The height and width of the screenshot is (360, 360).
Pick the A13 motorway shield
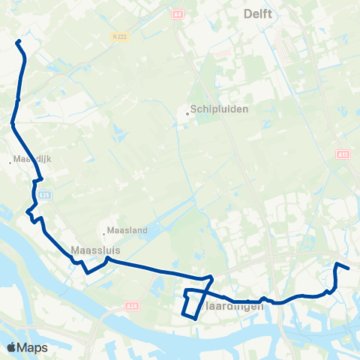coord(343,154)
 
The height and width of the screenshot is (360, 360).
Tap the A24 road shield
coord(132,306)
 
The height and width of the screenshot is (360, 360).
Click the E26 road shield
coord(45,195)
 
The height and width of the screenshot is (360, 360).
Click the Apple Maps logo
coord(27,347)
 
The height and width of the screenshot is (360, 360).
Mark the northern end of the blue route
coord(17,40)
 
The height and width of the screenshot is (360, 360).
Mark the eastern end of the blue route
coord(349,268)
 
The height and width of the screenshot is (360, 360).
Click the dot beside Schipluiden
coord(188,114)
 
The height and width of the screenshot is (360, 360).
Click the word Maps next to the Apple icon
coord(33,347)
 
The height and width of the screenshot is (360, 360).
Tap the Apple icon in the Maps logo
coord(11,347)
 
